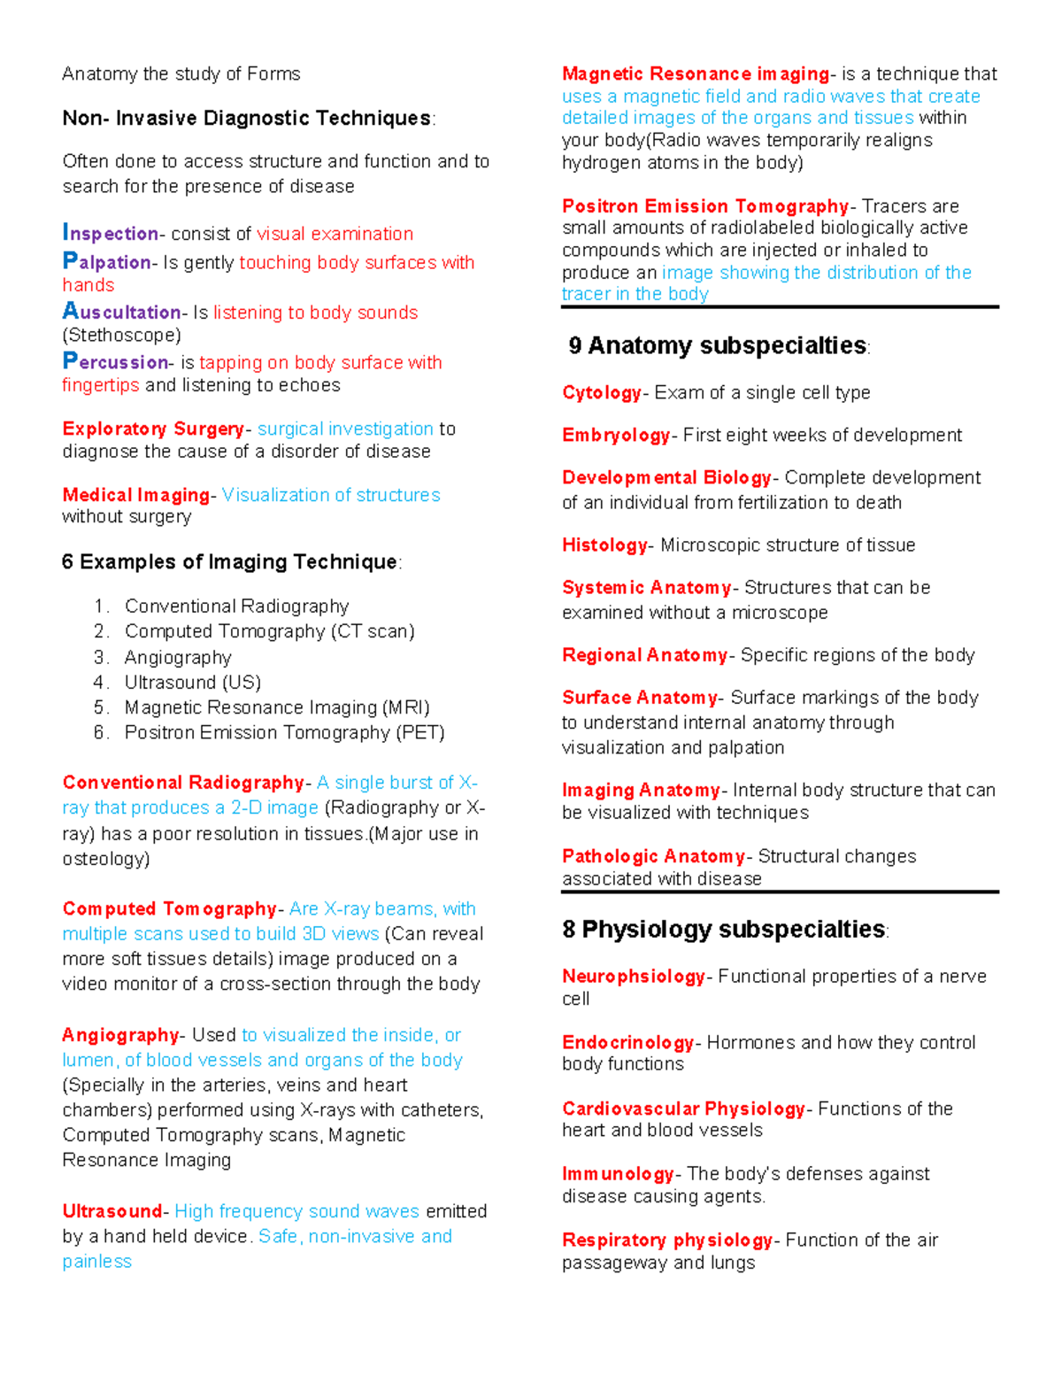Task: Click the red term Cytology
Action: (x=601, y=392)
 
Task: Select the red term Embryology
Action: (x=616, y=435)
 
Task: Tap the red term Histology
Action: (x=604, y=545)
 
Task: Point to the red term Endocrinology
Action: (x=627, y=1042)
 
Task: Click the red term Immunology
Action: (x=618, y=1173)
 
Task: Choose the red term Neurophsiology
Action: (x=633, y=976)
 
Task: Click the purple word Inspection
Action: (x=110, y=233)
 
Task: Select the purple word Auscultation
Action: (x=121, y=312)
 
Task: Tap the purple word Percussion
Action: (x=115, y=361)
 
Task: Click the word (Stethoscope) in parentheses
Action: (x=121, y=335)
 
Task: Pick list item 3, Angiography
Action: (x=178, y=657)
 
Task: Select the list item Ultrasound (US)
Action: (x=192, y=682)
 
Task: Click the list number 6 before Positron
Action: (x=99, y=732)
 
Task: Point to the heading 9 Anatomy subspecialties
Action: (x=718, y=345)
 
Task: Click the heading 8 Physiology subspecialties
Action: (x=723, y=929)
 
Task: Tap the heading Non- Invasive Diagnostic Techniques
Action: (x=247, y=118)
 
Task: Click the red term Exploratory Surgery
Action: (x=152, y=429)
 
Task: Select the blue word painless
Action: (x=96, y=1261)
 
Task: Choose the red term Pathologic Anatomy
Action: (x=653, y=856)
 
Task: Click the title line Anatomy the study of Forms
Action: (x=181, y=73)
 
